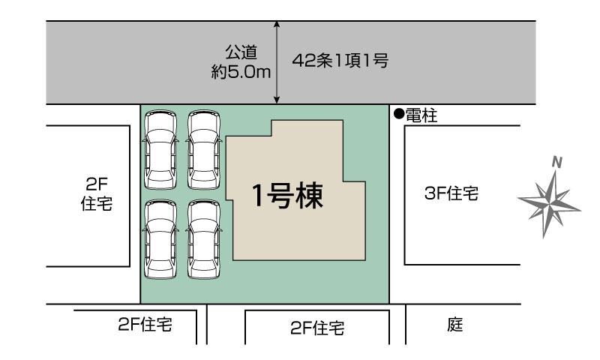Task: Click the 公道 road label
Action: point(241,52)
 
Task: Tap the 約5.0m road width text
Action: point(241,71)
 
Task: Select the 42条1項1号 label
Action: point(340,60)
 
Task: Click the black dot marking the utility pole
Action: point(399,113)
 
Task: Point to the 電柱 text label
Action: point(421,115)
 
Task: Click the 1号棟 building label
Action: point(287,196)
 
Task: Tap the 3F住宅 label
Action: point(451,193)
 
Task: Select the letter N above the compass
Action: point(557,163)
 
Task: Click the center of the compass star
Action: point(550,204)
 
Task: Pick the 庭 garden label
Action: point(455,325)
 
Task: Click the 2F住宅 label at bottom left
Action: point(145,325)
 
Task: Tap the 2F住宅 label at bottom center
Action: point(317,328)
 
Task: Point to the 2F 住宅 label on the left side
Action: point(97,194)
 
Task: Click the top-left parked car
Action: point(160,149)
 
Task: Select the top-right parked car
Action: point(204,149)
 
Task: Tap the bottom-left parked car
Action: point(160,239)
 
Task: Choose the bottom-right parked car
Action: point(204,239)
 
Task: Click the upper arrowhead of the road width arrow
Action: point(277,23)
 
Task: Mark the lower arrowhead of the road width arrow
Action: point(277,101)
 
